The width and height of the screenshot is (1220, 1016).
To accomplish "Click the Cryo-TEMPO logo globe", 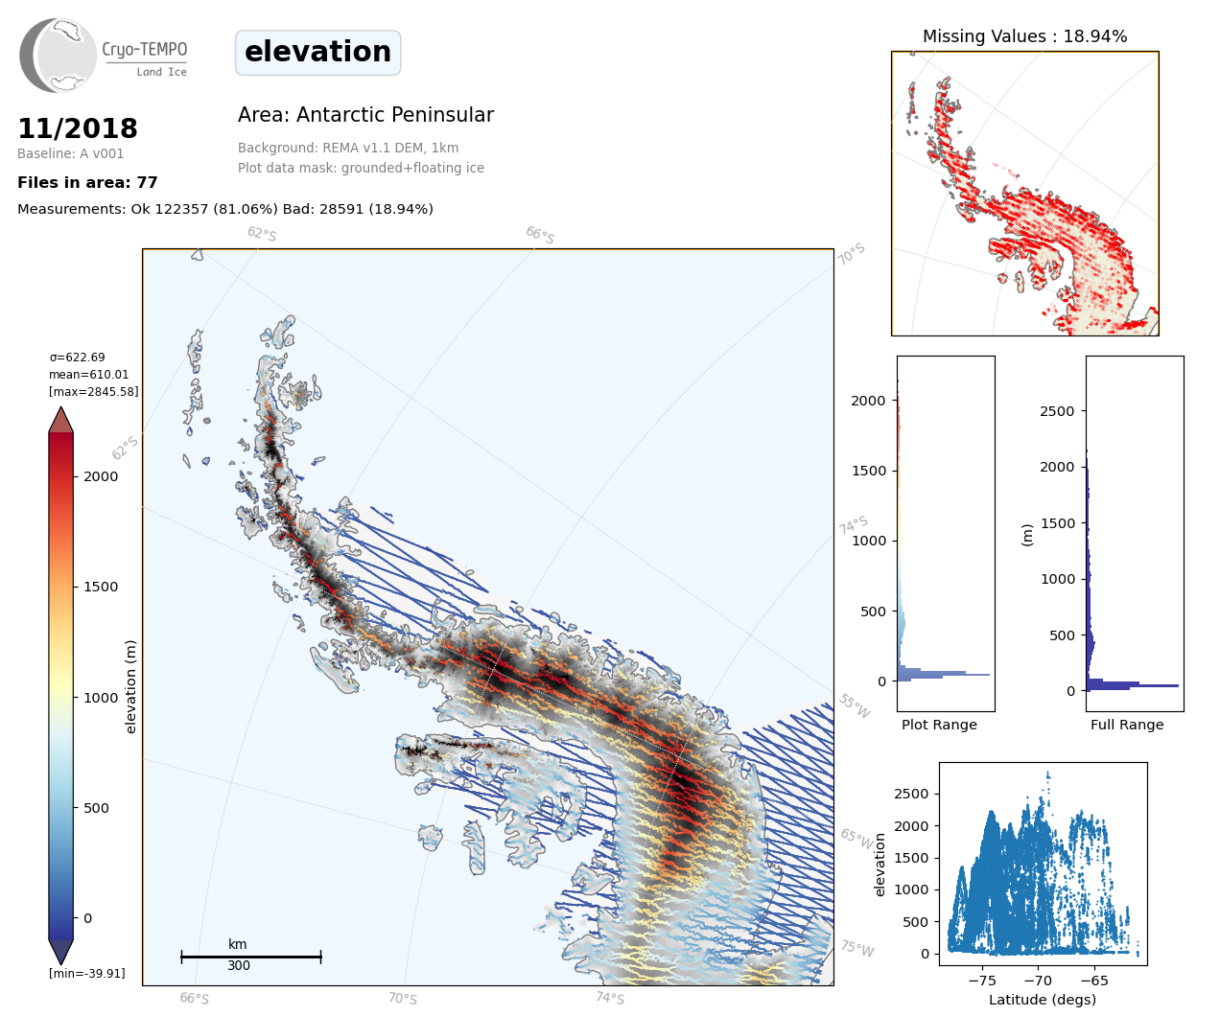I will [x=59, y=56].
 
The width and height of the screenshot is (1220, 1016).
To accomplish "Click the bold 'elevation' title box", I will [x=317, y=52].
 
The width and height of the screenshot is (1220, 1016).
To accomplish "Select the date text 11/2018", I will [x=78, y=128].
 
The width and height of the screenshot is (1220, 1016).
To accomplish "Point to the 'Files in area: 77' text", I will [x=87, y=183].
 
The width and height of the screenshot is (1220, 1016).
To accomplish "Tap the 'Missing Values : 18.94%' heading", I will [x=1024, y=36].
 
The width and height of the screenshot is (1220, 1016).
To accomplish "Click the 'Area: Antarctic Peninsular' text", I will [x=365, y=115].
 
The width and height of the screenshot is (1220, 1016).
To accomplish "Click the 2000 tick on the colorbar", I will [x=101, y=476].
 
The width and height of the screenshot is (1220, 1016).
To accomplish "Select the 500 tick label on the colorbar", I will [x=96, y=808].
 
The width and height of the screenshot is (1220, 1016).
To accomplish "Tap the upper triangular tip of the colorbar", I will [x=61, y=419].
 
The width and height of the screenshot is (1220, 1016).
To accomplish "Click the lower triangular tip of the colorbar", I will [x=61, y=952].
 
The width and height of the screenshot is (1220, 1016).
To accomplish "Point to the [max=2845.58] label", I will [x=94, y=392].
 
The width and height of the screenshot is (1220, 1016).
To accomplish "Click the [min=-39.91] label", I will [x=87, y=974].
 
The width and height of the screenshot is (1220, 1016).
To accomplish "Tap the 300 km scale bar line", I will [x=251, y=957].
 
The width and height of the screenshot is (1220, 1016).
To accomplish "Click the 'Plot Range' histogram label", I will [x=939, y=725].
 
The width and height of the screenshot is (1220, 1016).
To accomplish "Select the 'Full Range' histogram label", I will [x=1127, y=725].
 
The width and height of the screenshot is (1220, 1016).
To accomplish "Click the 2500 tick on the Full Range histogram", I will [x=1058, y=411].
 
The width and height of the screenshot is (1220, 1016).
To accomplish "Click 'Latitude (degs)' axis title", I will [x=1043, y=1000].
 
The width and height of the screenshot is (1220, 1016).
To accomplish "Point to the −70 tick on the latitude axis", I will [x=1038, y=981].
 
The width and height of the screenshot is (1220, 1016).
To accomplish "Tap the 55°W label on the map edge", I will [x=854, y=706].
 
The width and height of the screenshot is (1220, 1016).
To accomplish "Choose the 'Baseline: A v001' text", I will [x=71, y=153].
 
